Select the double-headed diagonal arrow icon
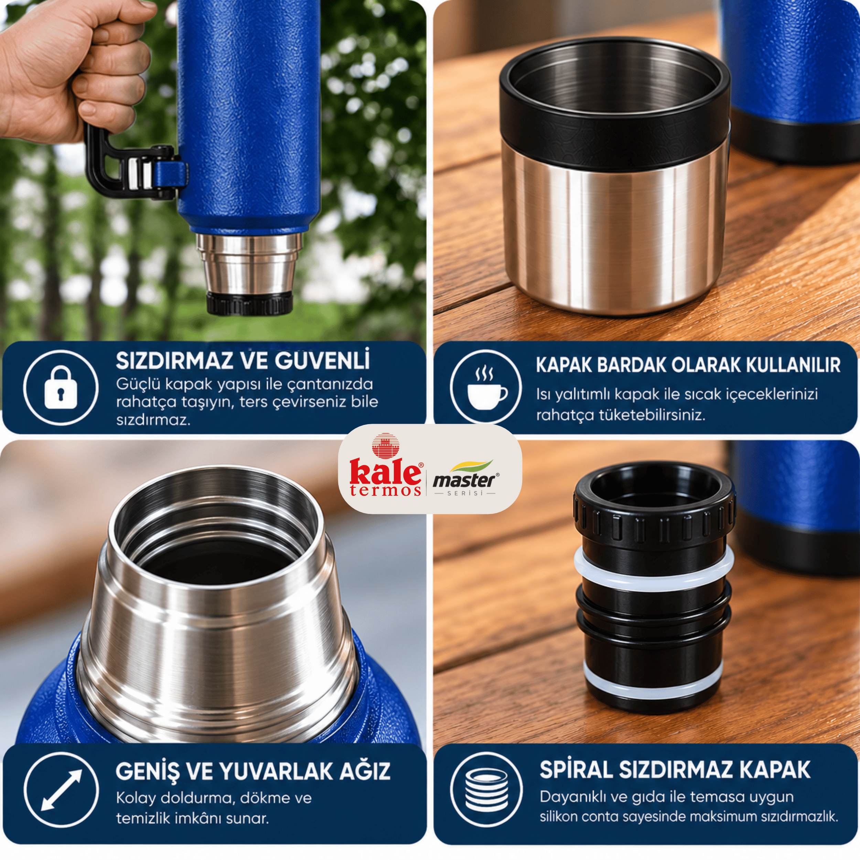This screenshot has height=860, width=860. pos(61,790)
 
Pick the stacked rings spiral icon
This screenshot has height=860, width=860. pos(486,790)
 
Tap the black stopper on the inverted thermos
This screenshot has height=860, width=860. pos(249,303)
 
